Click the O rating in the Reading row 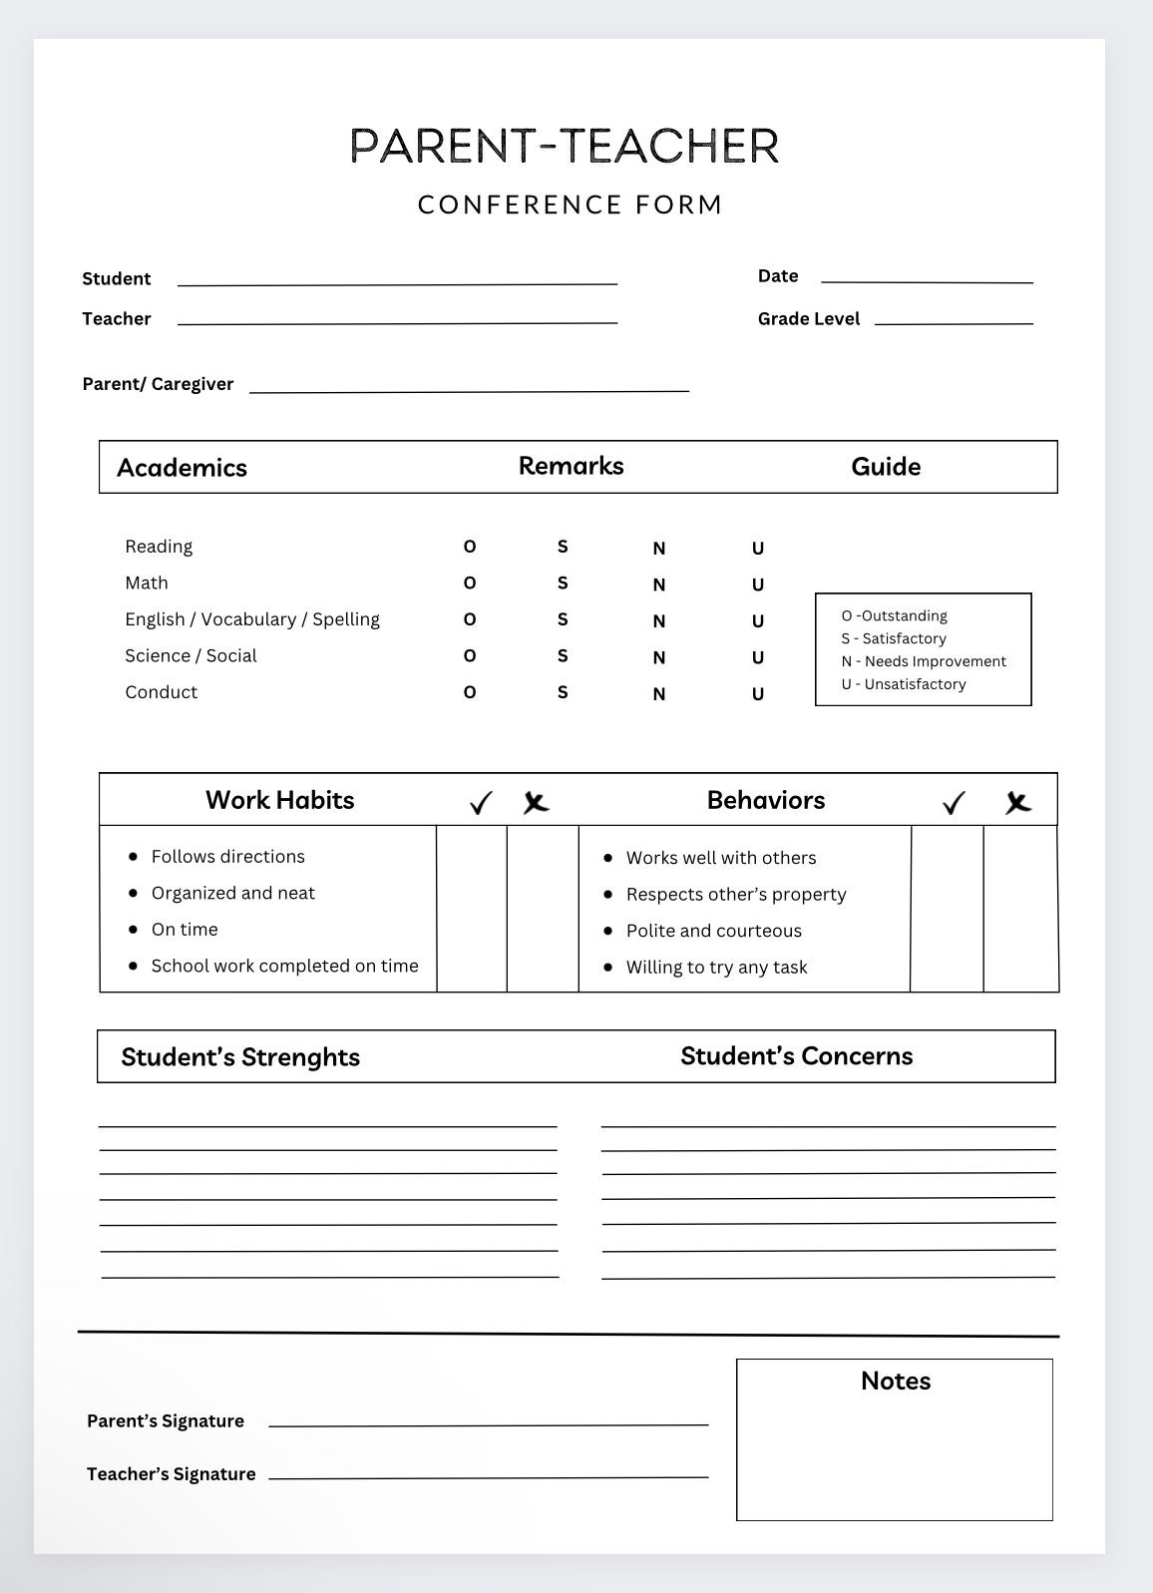coord(470,547)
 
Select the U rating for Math coord(758,585)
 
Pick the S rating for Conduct coord(563,692)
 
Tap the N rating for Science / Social coord(659,657)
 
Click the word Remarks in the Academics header coord(571,466)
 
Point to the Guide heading coord(886,467)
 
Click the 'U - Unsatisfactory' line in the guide coord(904,684)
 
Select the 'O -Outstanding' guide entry coord(894,615)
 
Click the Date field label coord(778,276)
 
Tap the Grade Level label coord(809,319)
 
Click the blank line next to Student coord(397,282)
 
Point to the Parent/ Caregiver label coord(158,384)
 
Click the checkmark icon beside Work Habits coord(481,803)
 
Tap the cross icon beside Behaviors coord(1017,803)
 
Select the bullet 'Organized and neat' coord(232,893)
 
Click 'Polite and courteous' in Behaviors coord(713,931)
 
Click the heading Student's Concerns coord(796,1056)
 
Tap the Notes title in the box coord(896,1381)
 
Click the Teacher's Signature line coord(489,1475)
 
